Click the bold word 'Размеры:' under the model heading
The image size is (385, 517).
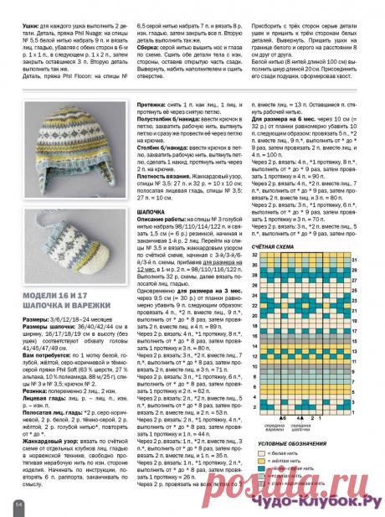click(38, 321)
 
